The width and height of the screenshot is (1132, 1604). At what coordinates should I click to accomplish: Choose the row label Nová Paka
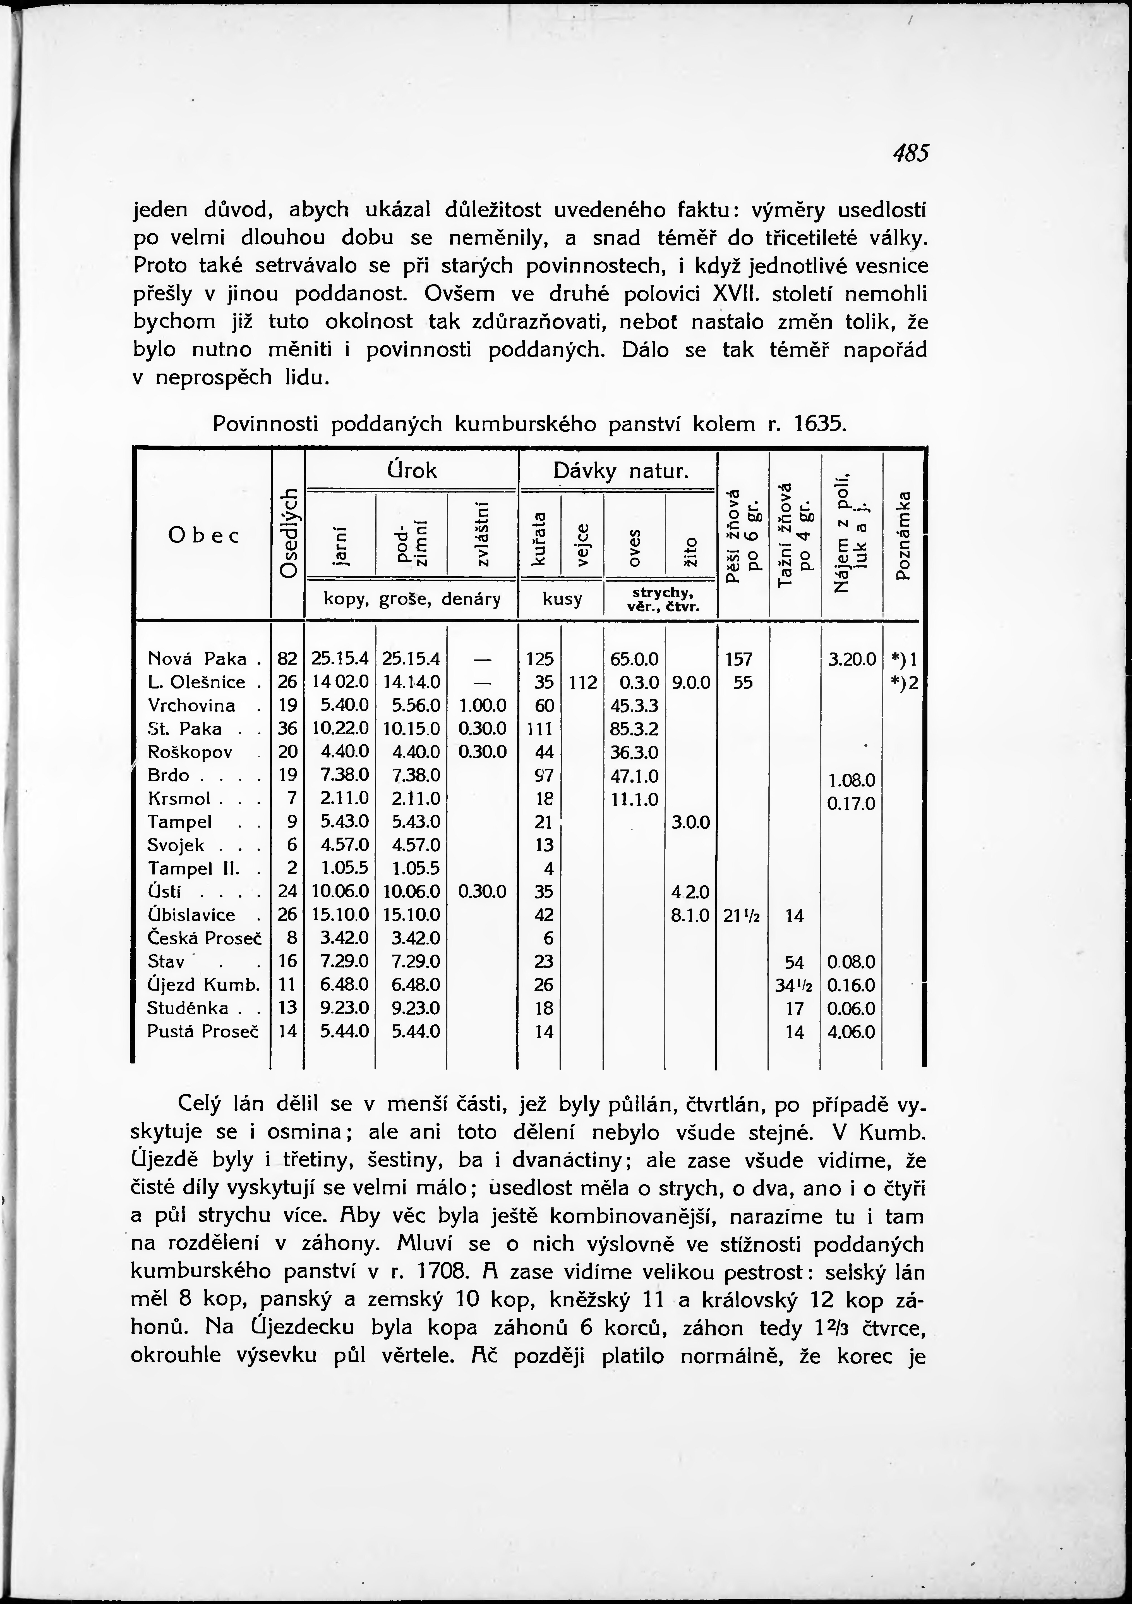coord(198,659)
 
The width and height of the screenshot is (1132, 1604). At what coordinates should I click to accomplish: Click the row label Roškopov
coord(190,752)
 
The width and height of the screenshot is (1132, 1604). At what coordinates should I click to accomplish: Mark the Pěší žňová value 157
coord(739,659)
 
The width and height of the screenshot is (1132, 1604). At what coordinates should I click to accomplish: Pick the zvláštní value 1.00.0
coord(483,706)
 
